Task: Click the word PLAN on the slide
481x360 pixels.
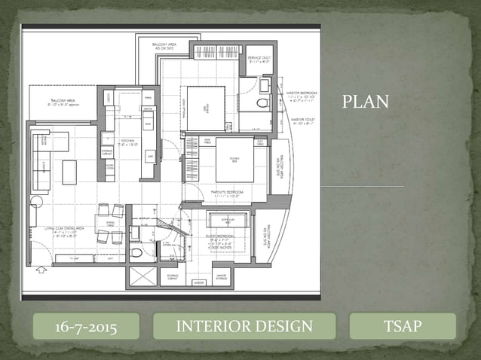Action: pos(366,102)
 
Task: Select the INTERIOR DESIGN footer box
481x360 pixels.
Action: pos(244,326)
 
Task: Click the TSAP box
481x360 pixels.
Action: pos(403,326)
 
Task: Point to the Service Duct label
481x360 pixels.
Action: pos(260,59)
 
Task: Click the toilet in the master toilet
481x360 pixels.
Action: pos(263,103)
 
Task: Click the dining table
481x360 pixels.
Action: pos(110,224)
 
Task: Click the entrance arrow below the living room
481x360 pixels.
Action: pos(39,268)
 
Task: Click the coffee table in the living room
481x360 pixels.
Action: pos(69,172)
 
